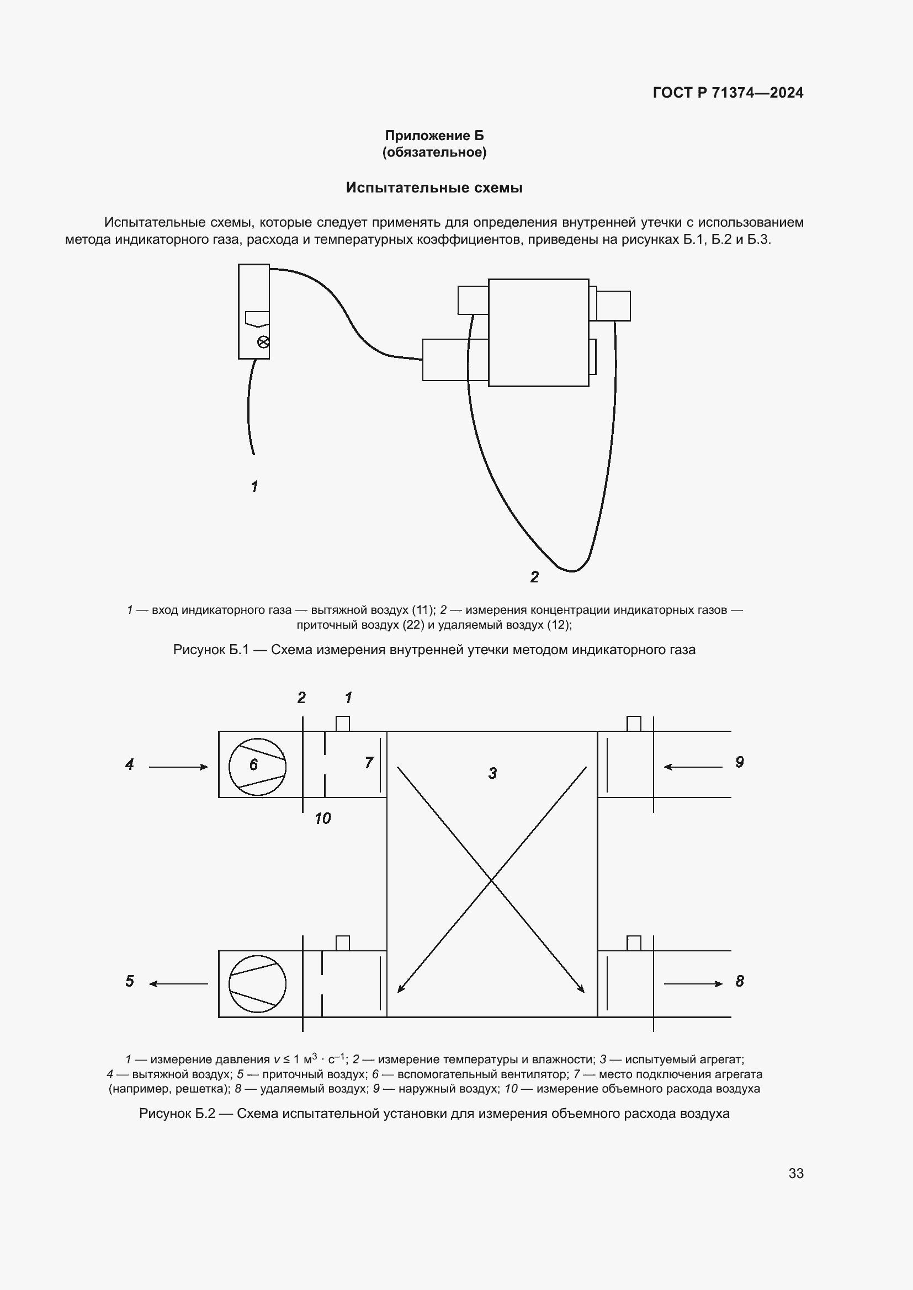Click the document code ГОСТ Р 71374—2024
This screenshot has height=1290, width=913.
tap(728, 93)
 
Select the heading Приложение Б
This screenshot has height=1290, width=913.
tap(434, 136)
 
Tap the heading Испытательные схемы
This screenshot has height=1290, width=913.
tap(434, 188)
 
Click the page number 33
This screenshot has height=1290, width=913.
tap(796, 1173)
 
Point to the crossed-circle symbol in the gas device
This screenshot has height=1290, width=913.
tap(263, 341)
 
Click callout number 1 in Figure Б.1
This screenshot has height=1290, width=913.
tap(254, 486)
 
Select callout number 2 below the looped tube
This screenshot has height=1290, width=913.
tap(535, 577)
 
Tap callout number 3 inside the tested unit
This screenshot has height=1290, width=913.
tap(492, 774)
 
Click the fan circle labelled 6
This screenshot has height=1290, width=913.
tap(257, 767)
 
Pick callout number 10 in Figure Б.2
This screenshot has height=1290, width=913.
tap(323, 818)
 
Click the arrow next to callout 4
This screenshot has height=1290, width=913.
tap(178, 767)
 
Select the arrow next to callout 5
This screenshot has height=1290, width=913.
tap(178, 983)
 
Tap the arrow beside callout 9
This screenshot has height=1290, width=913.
tap(693, 767)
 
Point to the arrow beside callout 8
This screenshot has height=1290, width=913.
tap(693, 983)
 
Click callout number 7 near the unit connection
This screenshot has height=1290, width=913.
tap(369, 763)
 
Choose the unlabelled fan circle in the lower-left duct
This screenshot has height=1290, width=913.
tap(257, 984)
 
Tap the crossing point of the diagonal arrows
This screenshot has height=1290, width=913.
tap(492, 880)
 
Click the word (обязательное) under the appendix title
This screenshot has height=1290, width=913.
tap(434, 152)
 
